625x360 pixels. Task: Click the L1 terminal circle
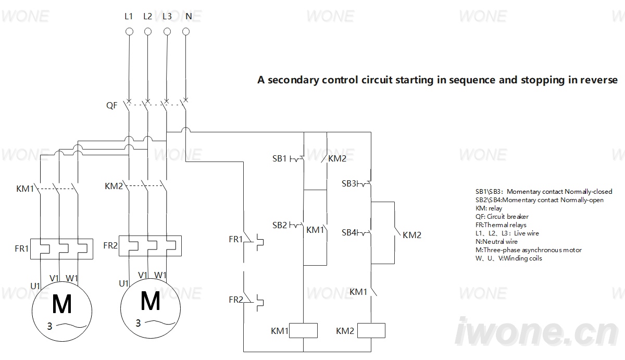coord(129,32)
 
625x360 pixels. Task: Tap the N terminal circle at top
coord(186,32)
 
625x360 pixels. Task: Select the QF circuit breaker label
coord(111,105)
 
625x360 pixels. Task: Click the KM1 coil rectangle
coord(303,331)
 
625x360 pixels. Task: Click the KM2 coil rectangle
coord(371,331)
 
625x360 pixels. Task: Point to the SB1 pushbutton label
coord(279,158)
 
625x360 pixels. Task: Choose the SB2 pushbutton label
coord(279,225)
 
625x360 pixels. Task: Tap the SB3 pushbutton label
coord(349,183)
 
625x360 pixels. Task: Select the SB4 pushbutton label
coord(349,232)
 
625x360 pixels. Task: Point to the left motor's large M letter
coord(62,304)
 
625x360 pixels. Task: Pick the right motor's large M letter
coord(151,301)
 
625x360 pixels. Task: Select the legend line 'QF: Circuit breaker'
coord(502,217)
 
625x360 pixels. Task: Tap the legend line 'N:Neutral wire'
coord(496,241)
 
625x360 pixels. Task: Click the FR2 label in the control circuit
coord(236,300)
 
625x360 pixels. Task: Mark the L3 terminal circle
coord(167,32)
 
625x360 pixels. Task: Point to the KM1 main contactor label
coord(25,189)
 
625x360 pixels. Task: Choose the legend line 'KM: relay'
coord(489,208)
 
